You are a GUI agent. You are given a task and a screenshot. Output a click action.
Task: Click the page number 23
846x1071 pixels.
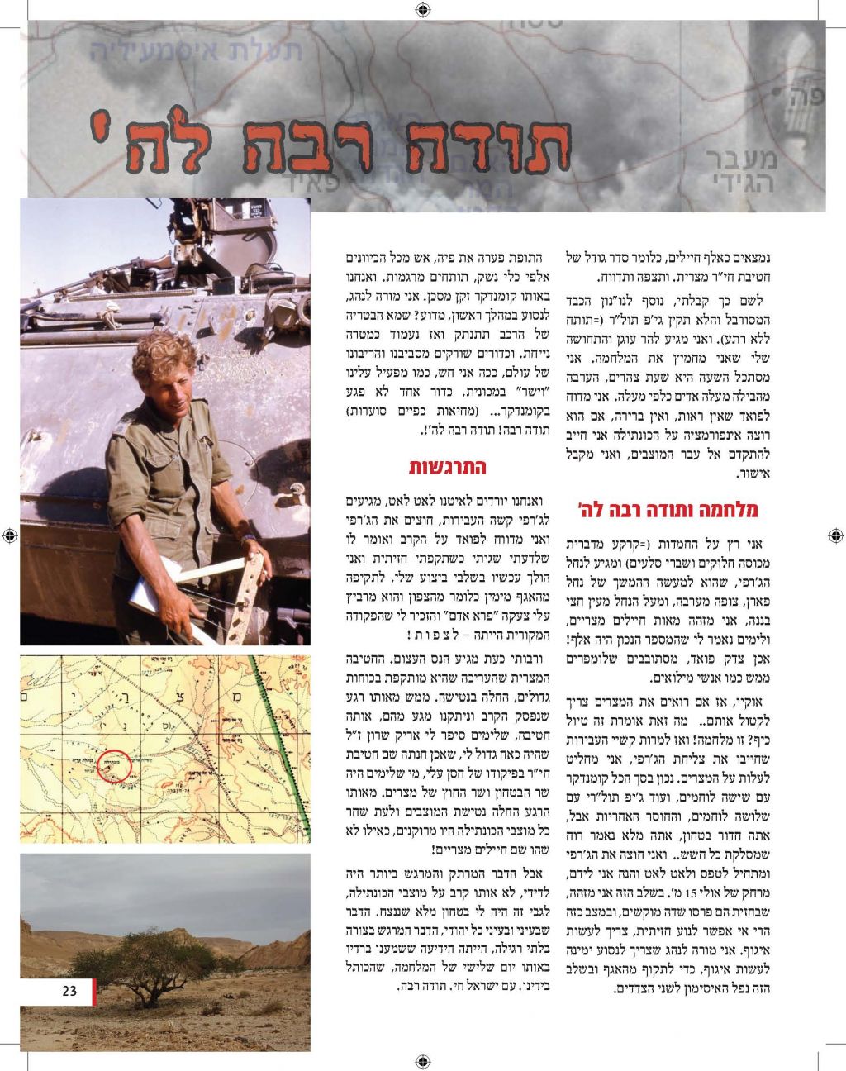pyautogui.click(x=69, y=991)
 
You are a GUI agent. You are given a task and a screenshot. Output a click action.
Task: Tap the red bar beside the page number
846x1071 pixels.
pyautogui.click(x=94, y=992)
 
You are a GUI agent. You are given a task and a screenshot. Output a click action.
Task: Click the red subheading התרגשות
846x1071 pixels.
pyautogui.click(x=448, y=467)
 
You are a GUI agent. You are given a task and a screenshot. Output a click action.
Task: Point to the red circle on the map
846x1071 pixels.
pyautogui.click(x=114, y=764)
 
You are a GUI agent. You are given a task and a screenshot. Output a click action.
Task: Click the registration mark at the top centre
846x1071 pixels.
pyautogui.click(x=423, y=10)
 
